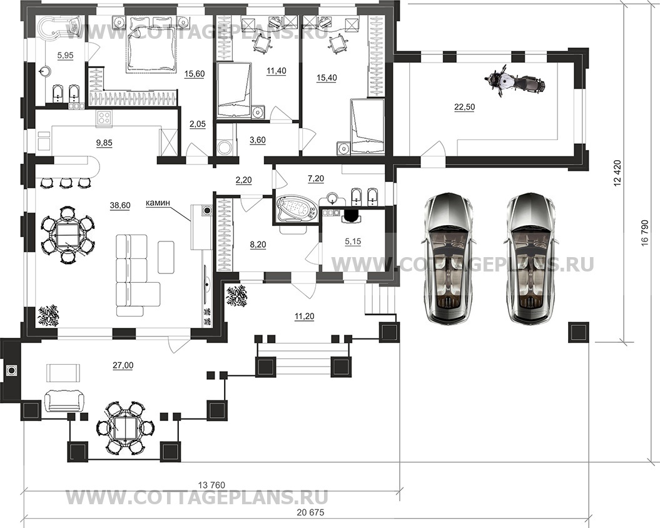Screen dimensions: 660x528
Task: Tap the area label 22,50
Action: [x=464, y=108]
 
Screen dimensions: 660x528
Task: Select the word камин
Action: [x=158, y=203]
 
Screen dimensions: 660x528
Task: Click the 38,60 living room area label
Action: [x=120, y=205]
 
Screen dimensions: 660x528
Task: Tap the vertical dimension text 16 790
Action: [x=647, y=242]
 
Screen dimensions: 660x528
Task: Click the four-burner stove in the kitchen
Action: [x=104, y=118]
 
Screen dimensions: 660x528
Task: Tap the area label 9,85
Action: [x=104, y=143]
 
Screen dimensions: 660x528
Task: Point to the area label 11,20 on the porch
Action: [x=304, y=317]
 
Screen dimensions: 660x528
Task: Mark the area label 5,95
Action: [x=65, y=56]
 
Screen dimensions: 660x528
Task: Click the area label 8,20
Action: [x=258, y=245]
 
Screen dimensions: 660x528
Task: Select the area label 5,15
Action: [x=353, y=241]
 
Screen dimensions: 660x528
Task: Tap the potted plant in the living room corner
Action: [x=48, y=315]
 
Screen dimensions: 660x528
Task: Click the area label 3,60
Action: [x=258, y=140]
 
